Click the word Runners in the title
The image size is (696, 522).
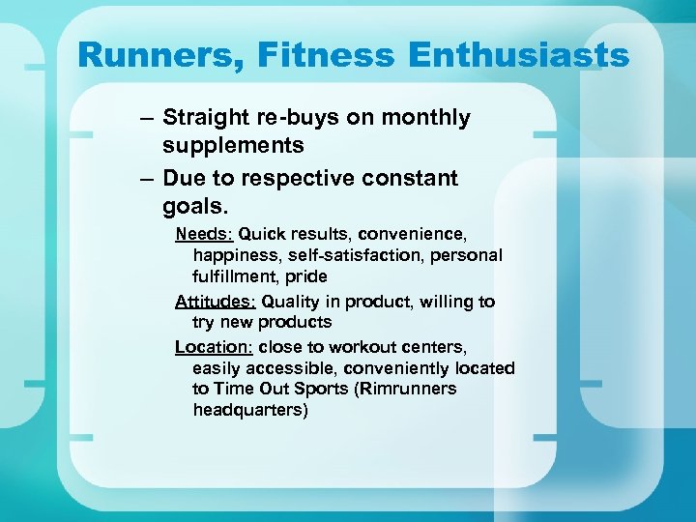161,55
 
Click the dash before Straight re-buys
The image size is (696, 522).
144,118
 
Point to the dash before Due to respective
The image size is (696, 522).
144,179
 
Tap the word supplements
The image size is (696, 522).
233,146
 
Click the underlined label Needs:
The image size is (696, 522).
204,234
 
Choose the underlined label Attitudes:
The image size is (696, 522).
216,302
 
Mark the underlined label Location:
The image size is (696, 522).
212,346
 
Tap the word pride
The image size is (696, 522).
306,276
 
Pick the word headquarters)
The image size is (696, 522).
250,410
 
